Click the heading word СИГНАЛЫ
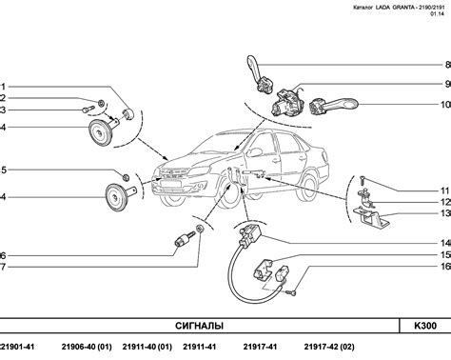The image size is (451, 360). [199, 326]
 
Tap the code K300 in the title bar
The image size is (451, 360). [425, 326]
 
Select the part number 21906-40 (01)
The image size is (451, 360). [87, 347]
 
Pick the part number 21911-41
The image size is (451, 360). [199, 347]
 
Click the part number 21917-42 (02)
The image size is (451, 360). [329, 347]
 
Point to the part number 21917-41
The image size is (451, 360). [260, 347]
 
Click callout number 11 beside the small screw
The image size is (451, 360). [445, 190]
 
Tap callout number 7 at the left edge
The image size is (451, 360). [3, 267]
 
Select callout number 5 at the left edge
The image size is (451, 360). [3, 170]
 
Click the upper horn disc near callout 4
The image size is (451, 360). [99, 132]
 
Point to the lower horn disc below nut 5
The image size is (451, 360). [116, 197]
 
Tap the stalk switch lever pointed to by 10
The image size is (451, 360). [334, 106]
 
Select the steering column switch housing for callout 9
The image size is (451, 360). [287, 102]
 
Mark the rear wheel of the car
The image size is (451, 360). [306, 188]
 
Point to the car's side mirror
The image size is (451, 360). [255, 151]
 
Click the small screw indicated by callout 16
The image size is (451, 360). [290, 293]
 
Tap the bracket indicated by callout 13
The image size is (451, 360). [372, 217]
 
